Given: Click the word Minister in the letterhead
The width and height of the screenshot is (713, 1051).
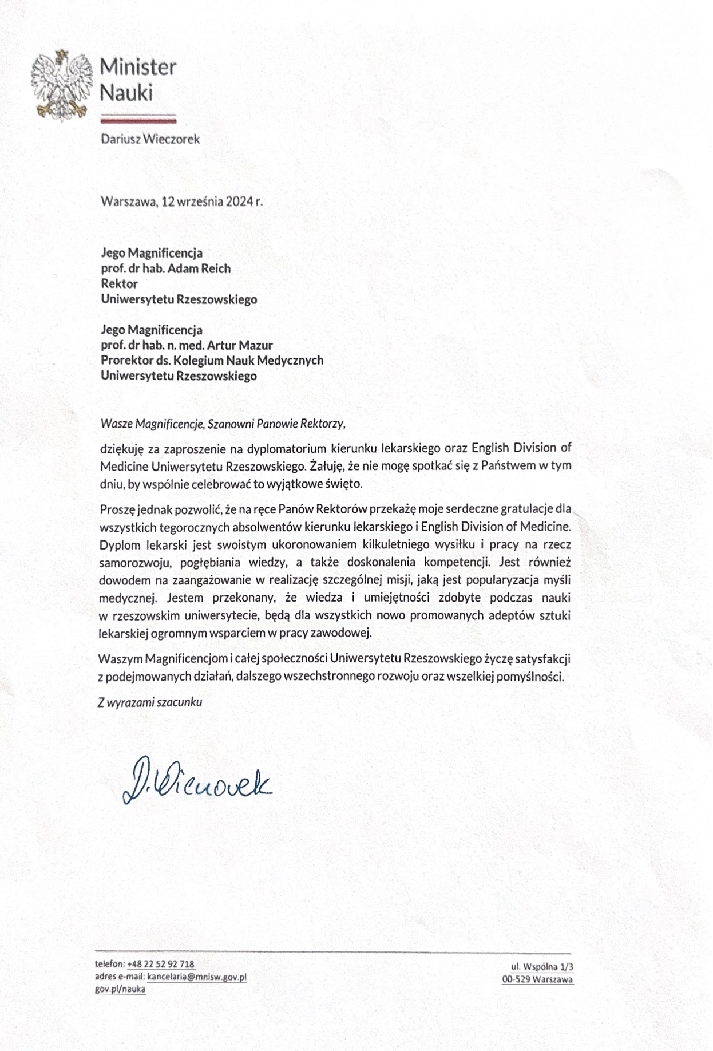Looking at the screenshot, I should pyautogui.click(x=138, y=68).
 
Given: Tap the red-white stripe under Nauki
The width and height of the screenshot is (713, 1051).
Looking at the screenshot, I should pyautogui.click(x=138, y=119).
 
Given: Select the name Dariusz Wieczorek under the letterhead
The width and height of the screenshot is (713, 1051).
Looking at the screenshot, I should pyautogui.click(x=150, y=139).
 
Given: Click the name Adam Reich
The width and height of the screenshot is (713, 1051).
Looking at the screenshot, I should pyautogui.click(x=199, y=268).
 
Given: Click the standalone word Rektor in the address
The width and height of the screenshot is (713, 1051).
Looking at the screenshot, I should pyautogui.click(x=119, y=283).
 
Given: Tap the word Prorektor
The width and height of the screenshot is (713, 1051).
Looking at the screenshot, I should pyautogui.click(x=126, y=361).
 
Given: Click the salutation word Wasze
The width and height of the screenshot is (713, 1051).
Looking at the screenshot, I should pyautogui.click(x=116, y=424).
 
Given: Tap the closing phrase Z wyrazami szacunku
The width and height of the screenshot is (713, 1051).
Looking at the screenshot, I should pyautogui.click(x=150, y=702).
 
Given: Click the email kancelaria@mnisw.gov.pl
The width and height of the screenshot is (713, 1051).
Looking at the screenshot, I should pyautogui.click(x=197, y=977).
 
